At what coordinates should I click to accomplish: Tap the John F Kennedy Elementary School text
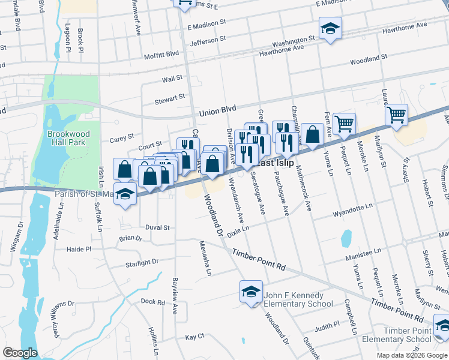298,299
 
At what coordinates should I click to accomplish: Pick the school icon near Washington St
330,28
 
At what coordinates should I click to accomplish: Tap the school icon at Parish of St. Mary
125,194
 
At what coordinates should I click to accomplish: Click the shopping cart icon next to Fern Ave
344,124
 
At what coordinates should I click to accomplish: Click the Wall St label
172,79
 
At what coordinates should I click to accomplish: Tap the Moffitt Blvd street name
161,55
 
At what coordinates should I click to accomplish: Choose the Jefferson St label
208,40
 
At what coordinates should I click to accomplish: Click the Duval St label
158,227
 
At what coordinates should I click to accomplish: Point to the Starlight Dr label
142,262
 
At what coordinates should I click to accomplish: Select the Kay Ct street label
195,337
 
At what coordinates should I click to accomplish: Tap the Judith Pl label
327,326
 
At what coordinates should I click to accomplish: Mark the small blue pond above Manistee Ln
346,238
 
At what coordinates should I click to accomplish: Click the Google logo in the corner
19,353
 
